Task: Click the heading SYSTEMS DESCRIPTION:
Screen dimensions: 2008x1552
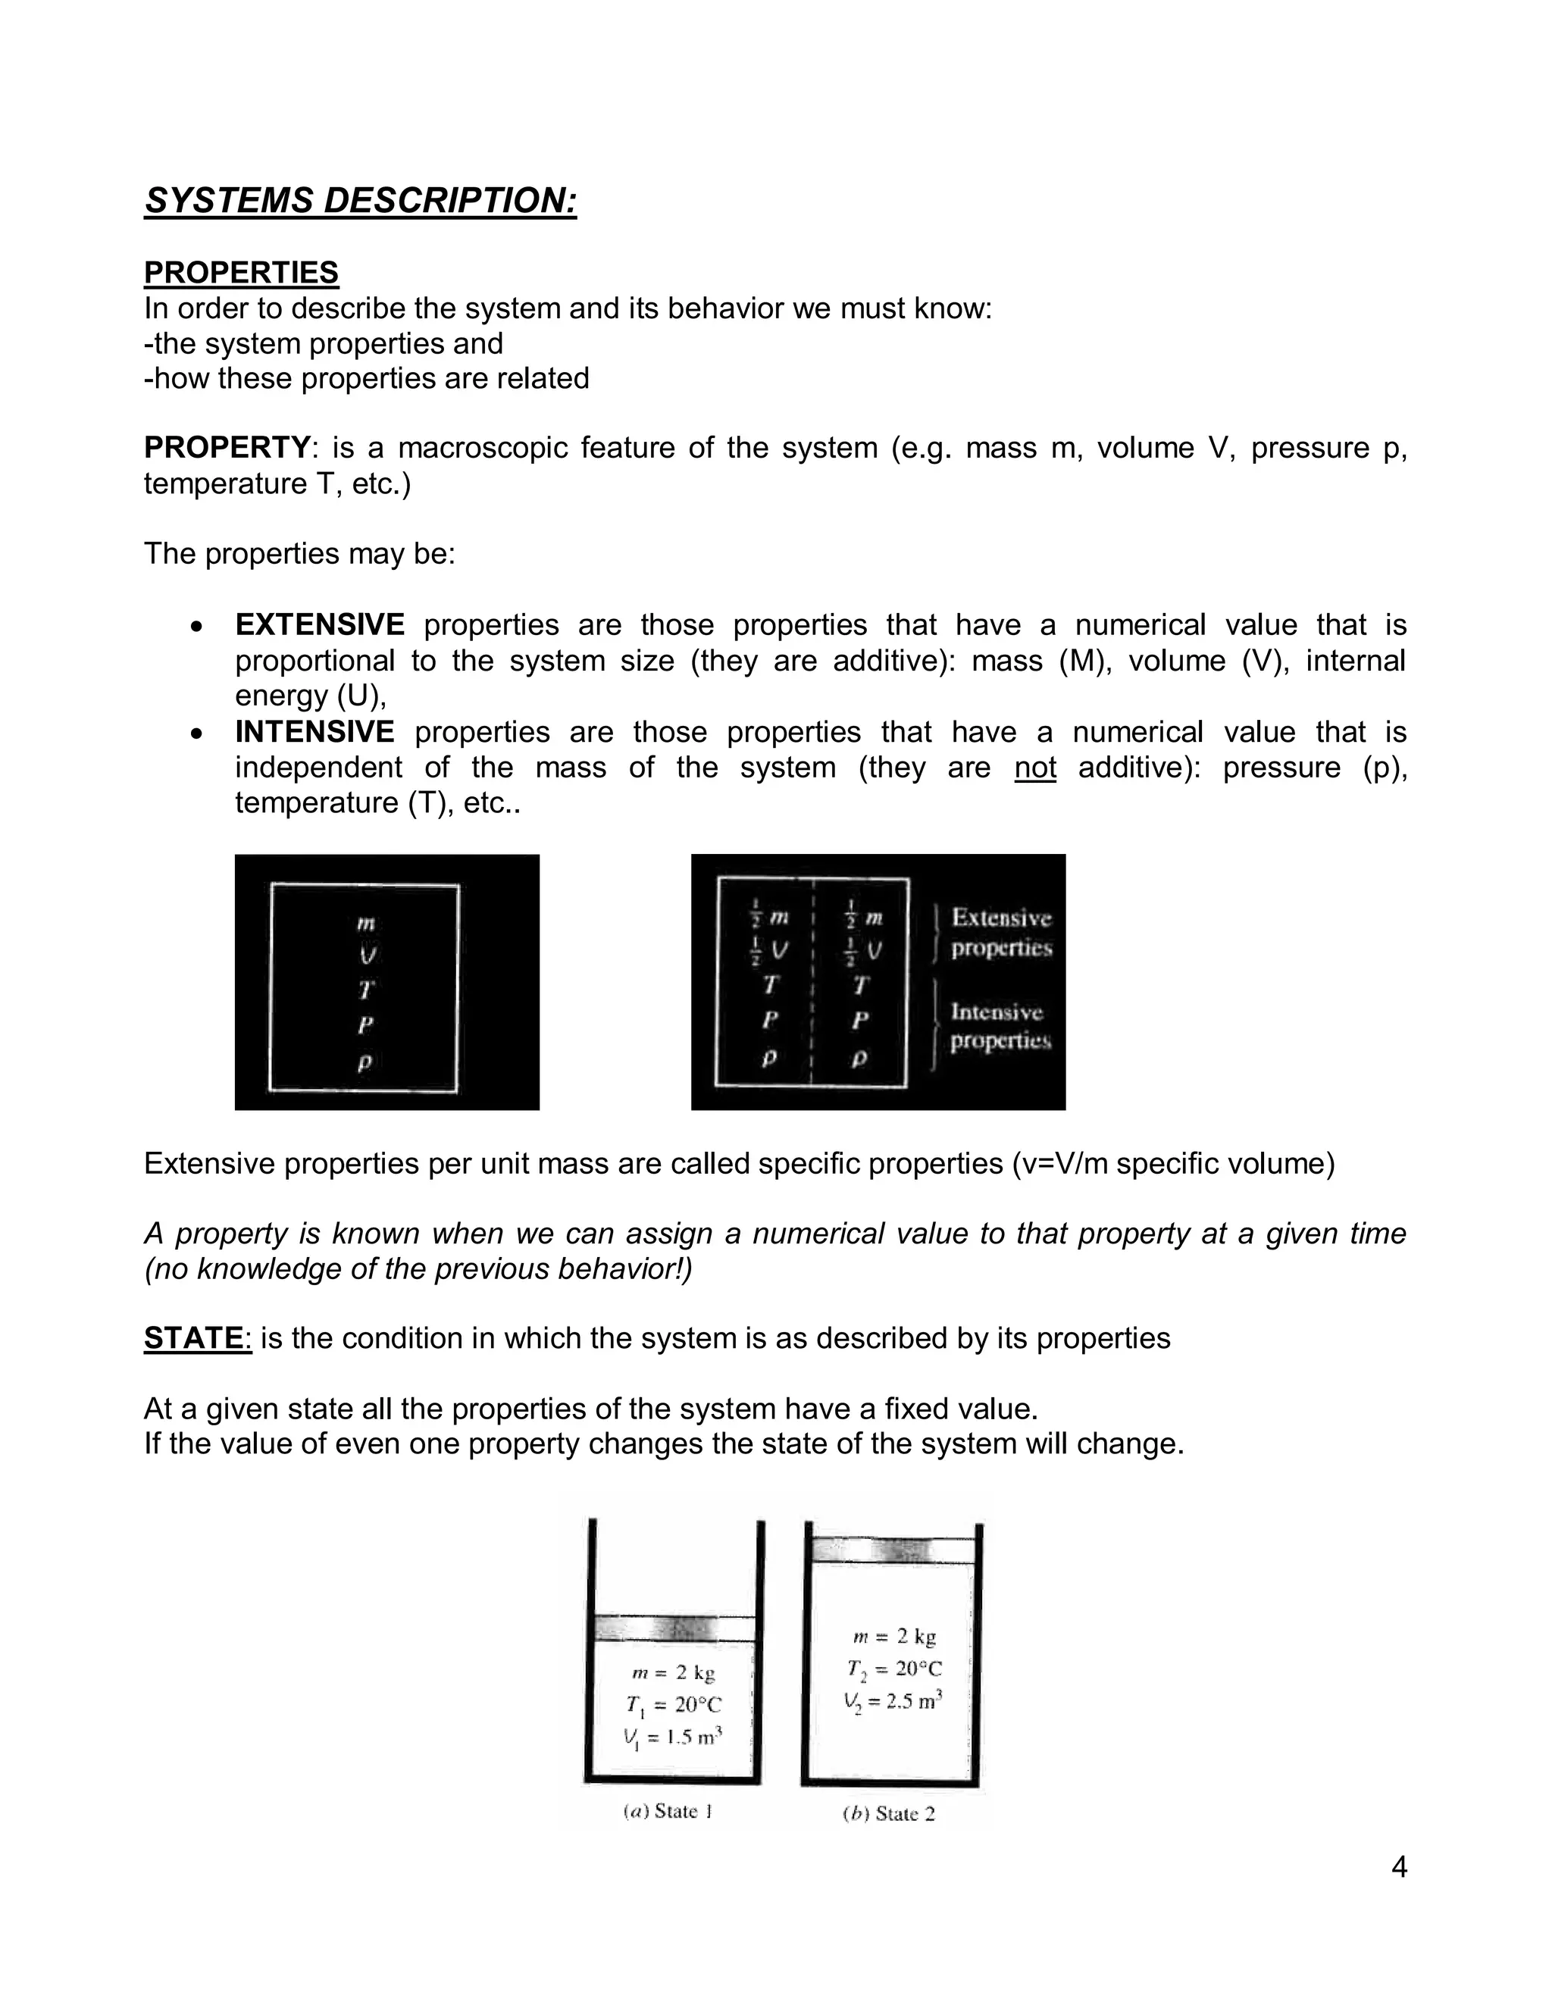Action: [x=361, y=201]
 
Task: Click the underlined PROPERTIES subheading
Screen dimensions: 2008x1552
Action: [x=241, y=272]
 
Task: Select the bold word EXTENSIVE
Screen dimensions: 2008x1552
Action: [x=319, y=624]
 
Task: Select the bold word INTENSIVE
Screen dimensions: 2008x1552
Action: [x=314, y=732]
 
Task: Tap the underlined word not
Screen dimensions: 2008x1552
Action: [x=1034, y=768]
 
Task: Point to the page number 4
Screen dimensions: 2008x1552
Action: [x=1398, y=1867]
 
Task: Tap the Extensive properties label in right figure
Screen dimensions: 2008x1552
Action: [x=1000, y=931]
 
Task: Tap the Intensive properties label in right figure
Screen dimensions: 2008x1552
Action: [x=1000, y=1026]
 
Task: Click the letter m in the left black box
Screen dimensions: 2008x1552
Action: [x=365, y=922]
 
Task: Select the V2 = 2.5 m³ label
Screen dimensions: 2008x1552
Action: [x=893, y=1701]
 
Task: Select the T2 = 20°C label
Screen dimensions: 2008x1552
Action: [x=893, y=1669]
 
